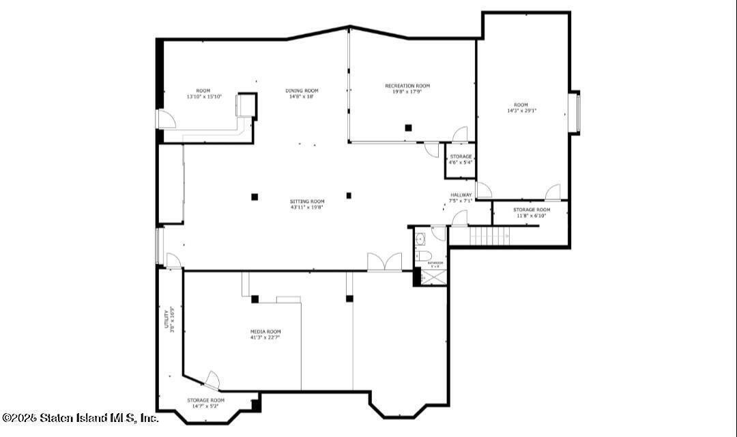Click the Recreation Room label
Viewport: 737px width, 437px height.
tap(407, 85)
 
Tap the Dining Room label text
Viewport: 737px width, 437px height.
tap(302, 91)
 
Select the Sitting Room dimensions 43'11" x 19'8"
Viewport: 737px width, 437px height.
tap(306, 208)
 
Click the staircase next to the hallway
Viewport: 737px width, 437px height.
tap(489, 236)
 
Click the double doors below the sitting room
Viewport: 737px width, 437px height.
tap(384, 262)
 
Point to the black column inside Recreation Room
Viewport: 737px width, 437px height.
tap(408, 127)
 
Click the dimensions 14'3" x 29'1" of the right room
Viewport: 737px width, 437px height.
tap(521, 111)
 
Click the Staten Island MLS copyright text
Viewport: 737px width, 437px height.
tap(80, 417)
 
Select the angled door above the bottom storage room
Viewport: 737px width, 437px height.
tap(212, 380)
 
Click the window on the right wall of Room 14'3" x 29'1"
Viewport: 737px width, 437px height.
tap(575, 113)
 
